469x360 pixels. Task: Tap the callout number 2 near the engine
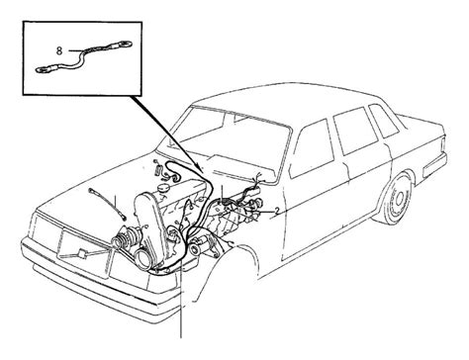[277, 211]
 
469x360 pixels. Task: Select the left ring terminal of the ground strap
[43, 69]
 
